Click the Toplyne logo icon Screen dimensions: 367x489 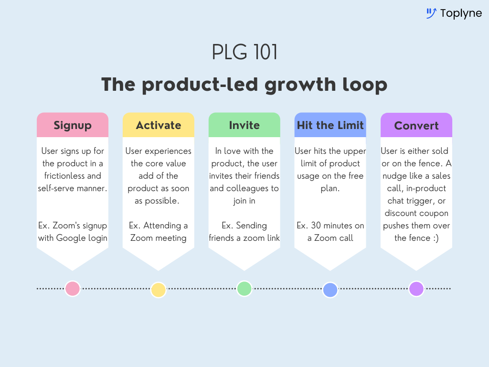pos(431,13)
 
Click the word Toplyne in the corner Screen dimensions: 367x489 pos(461,13)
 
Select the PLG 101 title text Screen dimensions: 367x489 pos(244,53)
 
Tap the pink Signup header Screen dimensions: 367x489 pos(73,125)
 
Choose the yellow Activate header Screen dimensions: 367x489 pos(159,125)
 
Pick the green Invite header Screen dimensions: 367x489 pos(244,125)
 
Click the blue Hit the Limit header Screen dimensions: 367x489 pos(330,125)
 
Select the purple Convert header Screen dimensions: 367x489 pos(416,126)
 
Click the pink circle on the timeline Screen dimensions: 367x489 pos(73,289)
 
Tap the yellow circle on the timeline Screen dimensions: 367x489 pos(158,290)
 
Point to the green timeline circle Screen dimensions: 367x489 pos(244,289)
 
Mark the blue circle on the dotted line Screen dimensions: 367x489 pos(330,290)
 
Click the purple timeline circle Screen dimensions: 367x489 pos(416,289)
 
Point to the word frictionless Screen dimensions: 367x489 pos(60,176)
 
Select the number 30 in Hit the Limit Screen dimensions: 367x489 pos(314,226)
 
